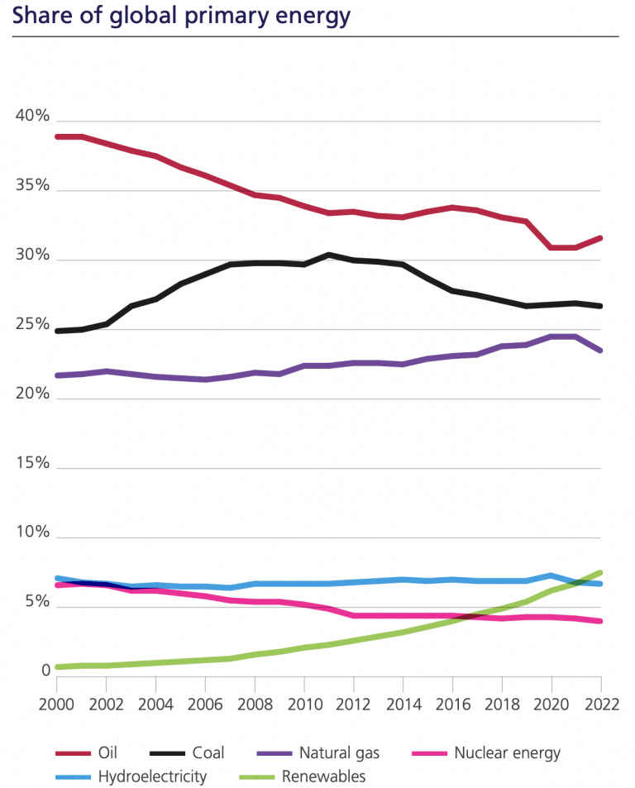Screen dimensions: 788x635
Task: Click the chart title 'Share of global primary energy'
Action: (x=181, y=16)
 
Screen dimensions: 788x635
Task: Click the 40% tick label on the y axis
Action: (x=32, y=117)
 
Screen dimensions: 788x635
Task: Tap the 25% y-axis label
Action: (x=32, y=325)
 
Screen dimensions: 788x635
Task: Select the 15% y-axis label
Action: (x=32, y=464)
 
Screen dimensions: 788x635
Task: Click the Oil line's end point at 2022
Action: (x=600, y=238)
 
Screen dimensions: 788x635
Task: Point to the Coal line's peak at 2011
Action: (x=329, y=255)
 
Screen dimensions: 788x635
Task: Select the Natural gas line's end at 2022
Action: (x=600, y=351)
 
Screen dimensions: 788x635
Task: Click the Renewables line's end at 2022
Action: (x=600, y=572)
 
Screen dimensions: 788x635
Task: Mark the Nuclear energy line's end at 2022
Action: (x=600, y=621)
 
